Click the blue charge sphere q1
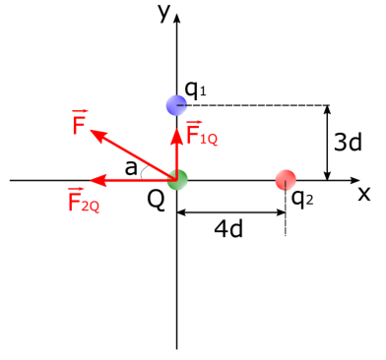pos(176,104)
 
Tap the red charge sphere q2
pos(286,180)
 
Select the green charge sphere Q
pos(177,180)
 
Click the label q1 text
pos(196,90)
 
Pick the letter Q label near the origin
pos(156,200)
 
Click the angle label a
pos(131,168)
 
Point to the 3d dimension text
pos(348,143)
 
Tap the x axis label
pos(363,193)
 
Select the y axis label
pos(162,12)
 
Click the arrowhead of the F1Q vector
pos(177,129)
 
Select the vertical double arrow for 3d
pos(329,143)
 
